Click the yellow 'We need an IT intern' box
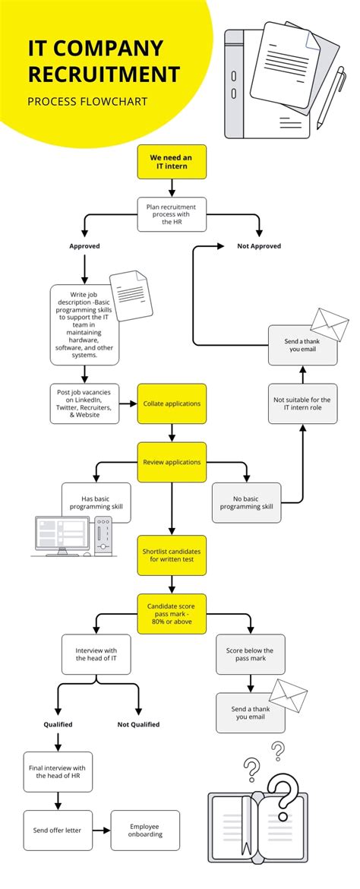click(x=171, y=162)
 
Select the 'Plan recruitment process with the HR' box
click(x=171, y=214)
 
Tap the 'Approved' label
click(x=84, y=246)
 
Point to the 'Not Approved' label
click(x=259, y=246)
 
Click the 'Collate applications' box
click(x=171, y=403)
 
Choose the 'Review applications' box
click(x=171, y=462)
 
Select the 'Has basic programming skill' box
click(x=96, y=502)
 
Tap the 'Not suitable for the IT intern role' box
click(x=302, y=403)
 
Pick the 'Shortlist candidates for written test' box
click(x=171, y=555)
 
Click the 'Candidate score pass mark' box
click(x=171, y=613)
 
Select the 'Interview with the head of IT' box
click(x=96, y=655)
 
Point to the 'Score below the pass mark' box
click(x=250, y=655)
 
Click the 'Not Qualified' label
click(x=138, y=724)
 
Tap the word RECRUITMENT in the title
click(x=104, y=74)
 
